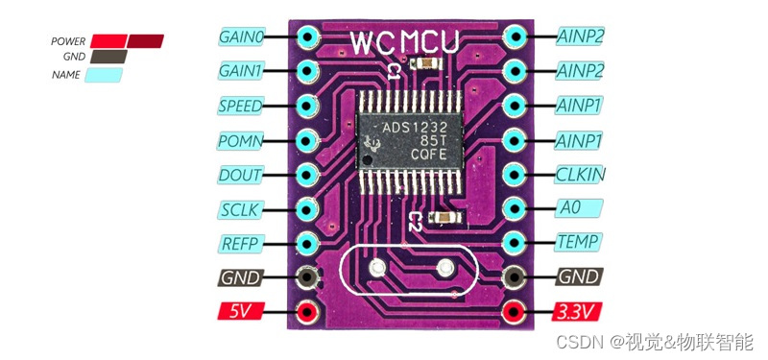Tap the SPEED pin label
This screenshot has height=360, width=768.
(240, 106)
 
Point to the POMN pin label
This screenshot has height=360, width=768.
(240, 140)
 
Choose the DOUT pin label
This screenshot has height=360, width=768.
(240, 175)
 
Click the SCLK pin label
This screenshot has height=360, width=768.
(240, 209)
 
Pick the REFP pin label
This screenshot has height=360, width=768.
(240, 243)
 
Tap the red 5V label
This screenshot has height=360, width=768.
(240, 311)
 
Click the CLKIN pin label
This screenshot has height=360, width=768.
(580, 175)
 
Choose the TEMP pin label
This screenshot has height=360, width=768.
(580, 243)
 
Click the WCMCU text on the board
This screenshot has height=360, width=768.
(403, 42)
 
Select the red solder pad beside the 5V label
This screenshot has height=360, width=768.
(307, 312)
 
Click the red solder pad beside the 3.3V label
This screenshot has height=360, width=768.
(515, 312)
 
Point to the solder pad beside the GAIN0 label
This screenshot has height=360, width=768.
(307, 37)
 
